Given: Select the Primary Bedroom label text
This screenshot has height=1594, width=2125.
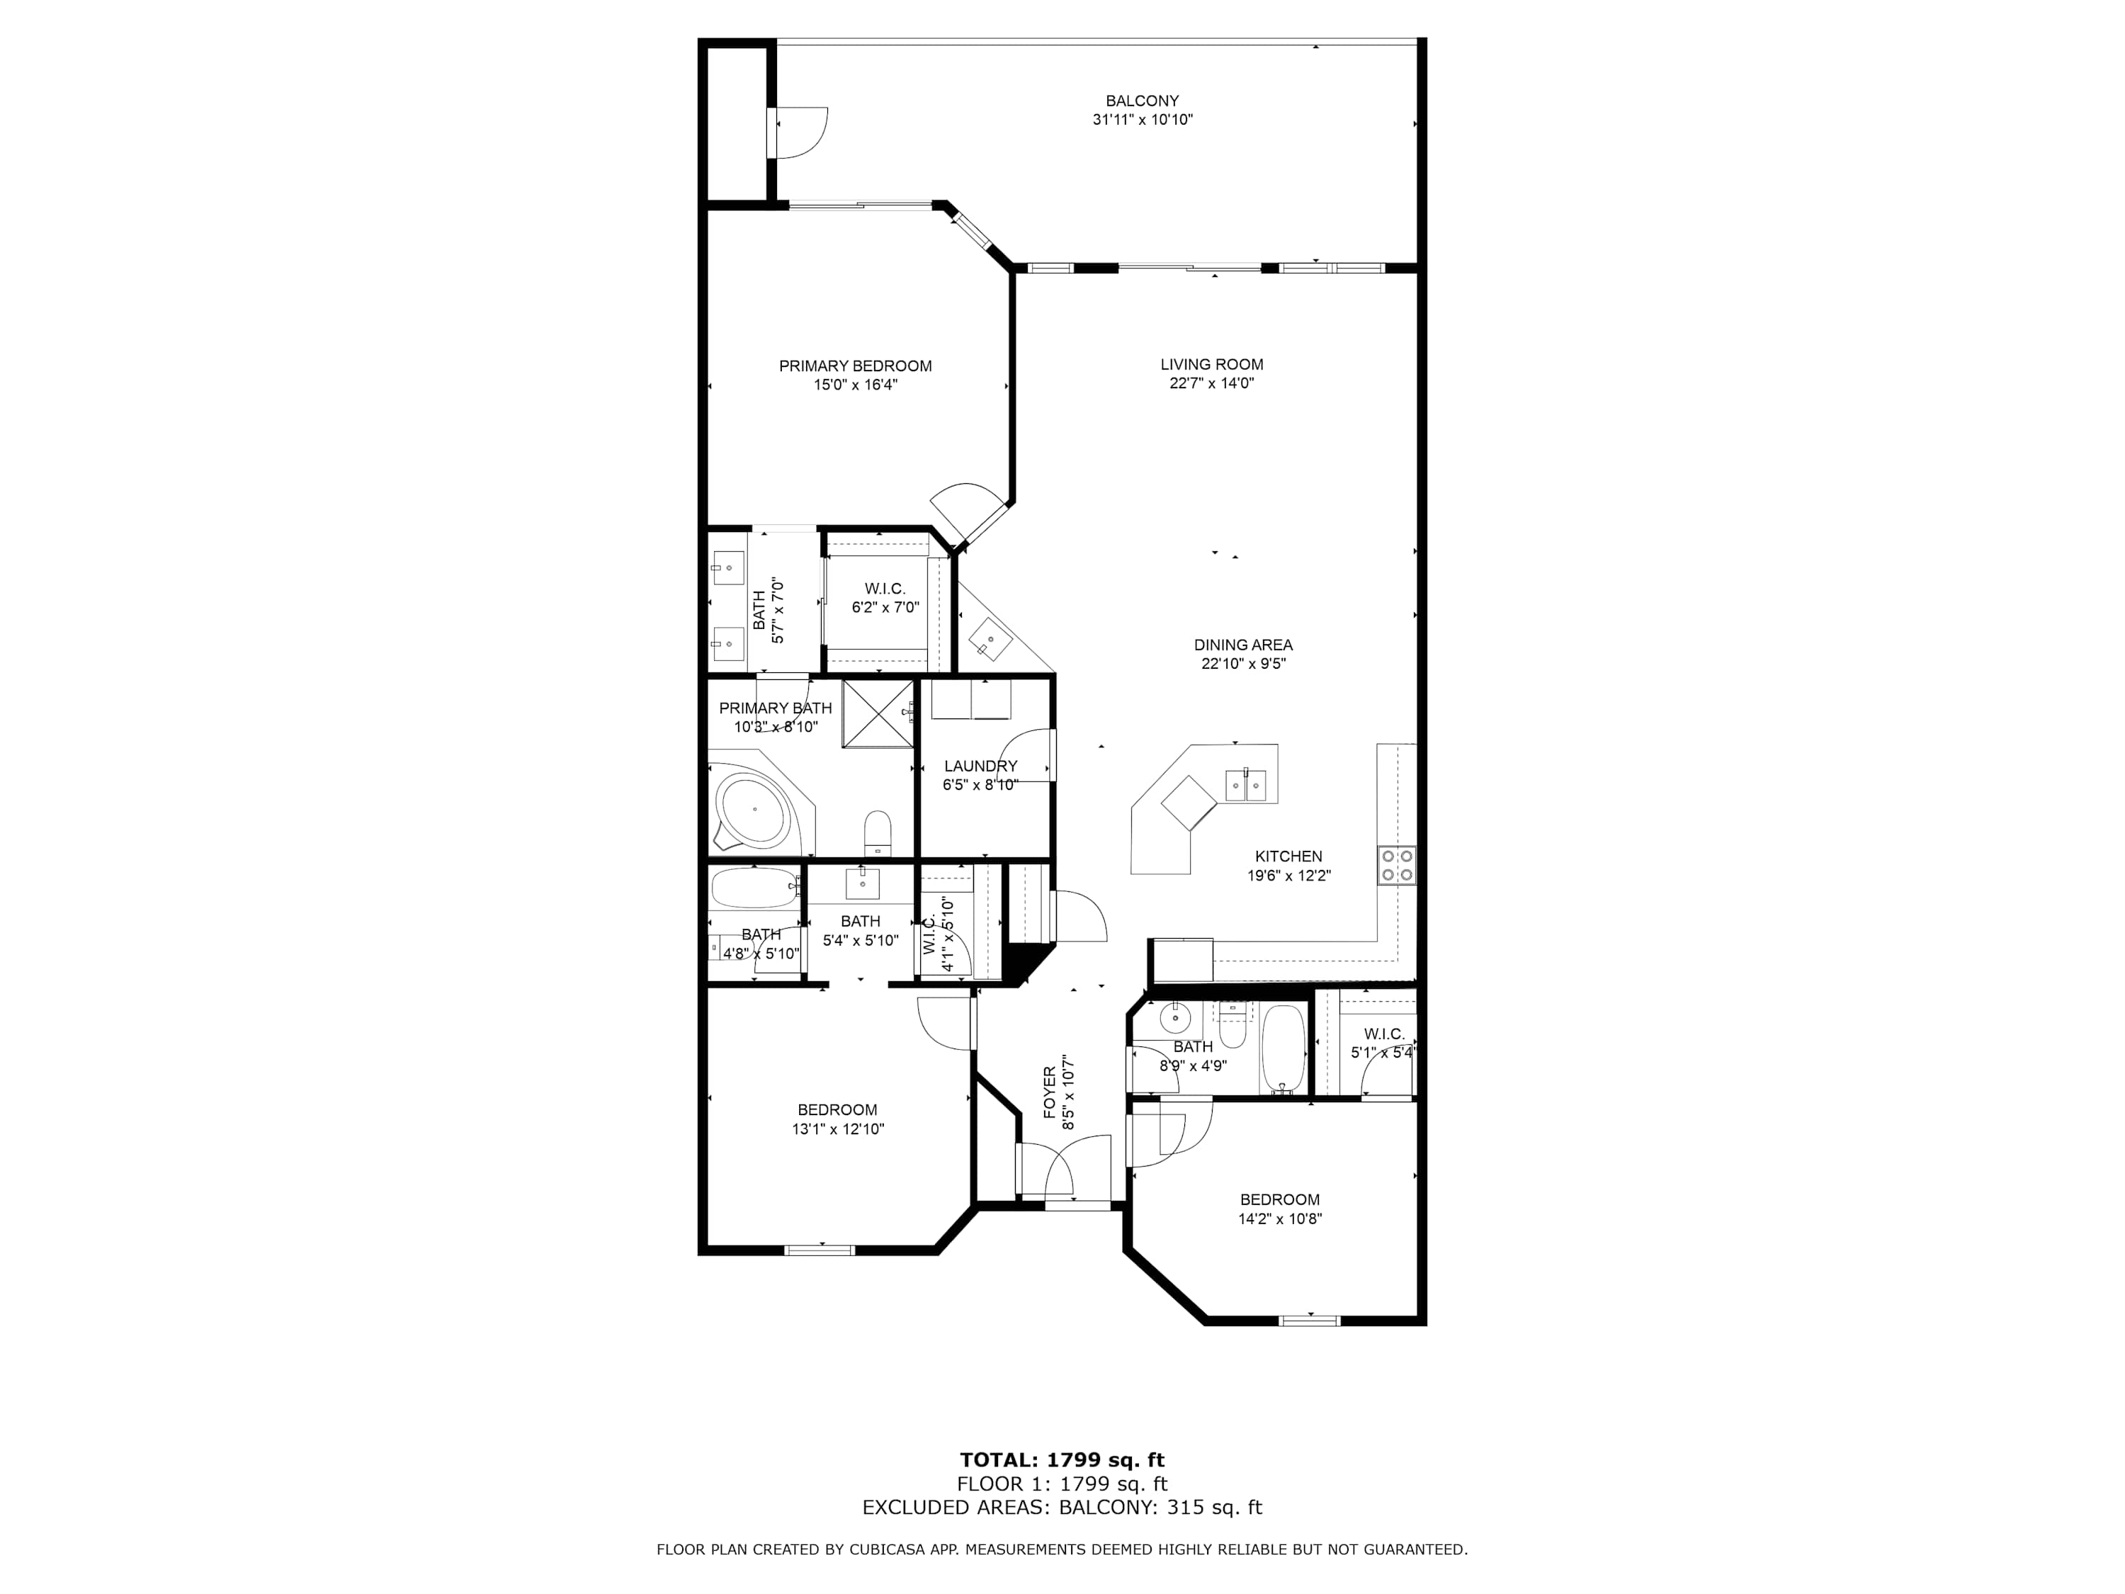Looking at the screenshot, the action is (x=855, y=366).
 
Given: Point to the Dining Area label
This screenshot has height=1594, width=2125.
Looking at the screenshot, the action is (x=1243, y=645).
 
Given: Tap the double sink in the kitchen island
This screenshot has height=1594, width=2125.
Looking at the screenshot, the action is (x=1246, y=785).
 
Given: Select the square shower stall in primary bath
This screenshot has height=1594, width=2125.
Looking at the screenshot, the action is (x=878, y=713).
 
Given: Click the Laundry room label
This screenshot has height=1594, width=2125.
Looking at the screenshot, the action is (x=980, y=766).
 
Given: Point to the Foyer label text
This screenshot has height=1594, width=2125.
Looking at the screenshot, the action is (x=1050, y=1092).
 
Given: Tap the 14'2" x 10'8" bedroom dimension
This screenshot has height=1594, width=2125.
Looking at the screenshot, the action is (x=1280, y=1219).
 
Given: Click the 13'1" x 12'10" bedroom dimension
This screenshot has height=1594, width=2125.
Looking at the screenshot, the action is (x=838, y=1129).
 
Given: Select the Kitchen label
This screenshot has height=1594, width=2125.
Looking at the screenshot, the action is (x=1288, y=856).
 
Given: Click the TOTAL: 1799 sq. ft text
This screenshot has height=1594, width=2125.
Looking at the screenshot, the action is (x=1062, y=1460).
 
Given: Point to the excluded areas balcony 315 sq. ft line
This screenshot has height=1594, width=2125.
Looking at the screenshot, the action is (x=1062, y=1507).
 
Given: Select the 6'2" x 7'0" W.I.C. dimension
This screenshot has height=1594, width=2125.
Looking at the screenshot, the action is (x=885, y=607).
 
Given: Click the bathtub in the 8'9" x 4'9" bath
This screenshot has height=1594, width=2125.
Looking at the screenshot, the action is (x=1283, y=1049).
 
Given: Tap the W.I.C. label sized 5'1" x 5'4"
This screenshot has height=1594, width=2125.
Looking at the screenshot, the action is (x=1383, y=1034).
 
